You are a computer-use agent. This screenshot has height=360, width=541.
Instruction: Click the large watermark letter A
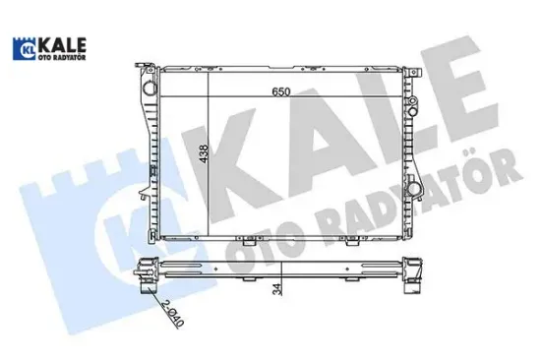(325, 128)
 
